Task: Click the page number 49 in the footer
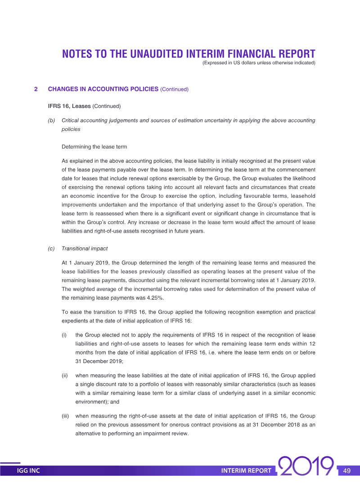pos(346,471)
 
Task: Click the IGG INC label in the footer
pos(28,471)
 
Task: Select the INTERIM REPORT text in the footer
pos(246,471)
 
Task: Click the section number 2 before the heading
pos(36,89)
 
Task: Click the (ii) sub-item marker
pos(65,375)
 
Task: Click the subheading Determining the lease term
pos(94,147)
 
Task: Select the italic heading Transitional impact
pos(85,248)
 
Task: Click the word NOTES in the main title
pos(77,54)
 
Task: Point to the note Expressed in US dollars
pos(259,63)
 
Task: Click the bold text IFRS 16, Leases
pos(69,107)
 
